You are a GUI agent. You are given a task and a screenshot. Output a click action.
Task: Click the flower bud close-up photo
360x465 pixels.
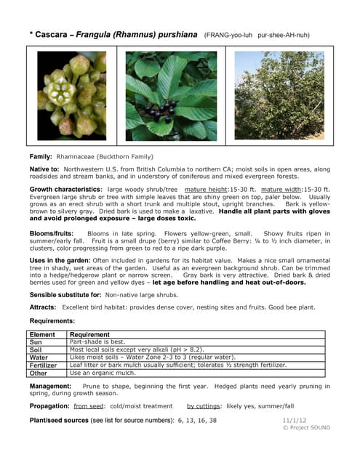[x=71, y=94]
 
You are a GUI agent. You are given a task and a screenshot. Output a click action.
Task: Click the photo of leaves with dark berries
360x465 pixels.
[x=171, y=94]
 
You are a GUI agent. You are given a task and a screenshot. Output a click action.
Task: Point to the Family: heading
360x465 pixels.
[x=41, y=156]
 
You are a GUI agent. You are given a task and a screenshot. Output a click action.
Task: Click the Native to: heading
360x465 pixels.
[x=45, y=169]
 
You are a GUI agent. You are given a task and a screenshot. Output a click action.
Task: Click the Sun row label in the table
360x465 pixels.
[x=36, y=341]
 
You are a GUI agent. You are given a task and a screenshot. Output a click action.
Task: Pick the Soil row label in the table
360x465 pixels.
[x=36, y=349]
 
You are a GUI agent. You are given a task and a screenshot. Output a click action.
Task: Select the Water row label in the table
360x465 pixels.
[x=39, y=357]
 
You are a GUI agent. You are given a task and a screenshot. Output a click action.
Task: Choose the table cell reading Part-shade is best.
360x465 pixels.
[x=97, y=341]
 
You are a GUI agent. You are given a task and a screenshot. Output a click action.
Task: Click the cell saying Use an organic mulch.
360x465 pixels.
[x=103, y=373]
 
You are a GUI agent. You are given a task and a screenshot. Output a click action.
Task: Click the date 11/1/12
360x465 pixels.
[x=294, y=420]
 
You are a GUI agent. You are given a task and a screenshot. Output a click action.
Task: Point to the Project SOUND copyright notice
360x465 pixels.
[x=305, y=428]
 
